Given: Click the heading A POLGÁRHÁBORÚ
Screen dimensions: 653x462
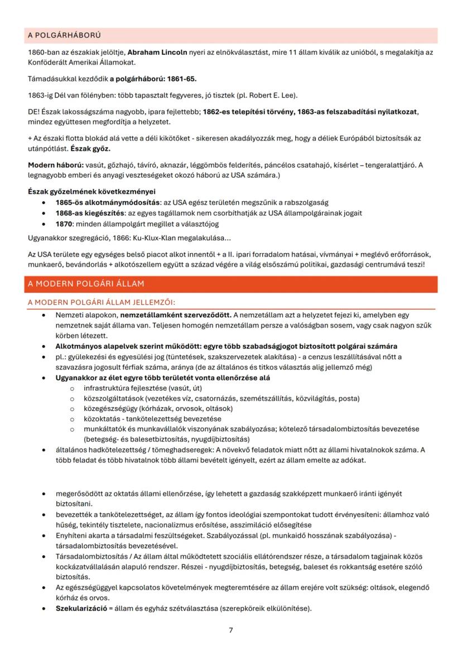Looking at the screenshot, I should pos(64,36).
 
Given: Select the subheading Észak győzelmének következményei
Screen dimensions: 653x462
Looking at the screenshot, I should pos(84,192).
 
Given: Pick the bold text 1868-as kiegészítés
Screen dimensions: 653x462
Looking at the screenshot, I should pos(90,213).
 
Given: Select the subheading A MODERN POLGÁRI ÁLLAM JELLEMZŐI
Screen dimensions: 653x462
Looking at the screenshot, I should pos(101,302).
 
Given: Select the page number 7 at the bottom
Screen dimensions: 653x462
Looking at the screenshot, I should pos(231,630).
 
